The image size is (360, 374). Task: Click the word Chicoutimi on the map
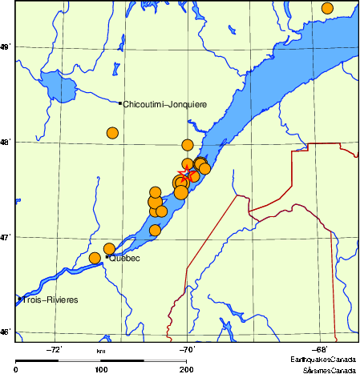coord(142,104)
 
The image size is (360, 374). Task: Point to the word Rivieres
coord(63,300)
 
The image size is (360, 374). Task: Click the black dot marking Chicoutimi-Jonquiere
coord(120,103)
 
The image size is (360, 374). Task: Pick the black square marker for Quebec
coord(107,257)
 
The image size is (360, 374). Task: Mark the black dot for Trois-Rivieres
coord(18,300)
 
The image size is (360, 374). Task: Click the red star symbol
coord(187,174)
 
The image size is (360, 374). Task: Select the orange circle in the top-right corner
coord(327,8)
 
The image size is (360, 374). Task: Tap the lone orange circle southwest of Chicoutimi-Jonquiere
coord(112,133)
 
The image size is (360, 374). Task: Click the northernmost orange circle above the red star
coord(188,145)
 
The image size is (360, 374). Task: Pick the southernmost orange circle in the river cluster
coord(156,230)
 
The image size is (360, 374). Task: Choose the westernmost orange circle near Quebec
coord(95,258)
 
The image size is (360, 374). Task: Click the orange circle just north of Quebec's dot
coord(109,249)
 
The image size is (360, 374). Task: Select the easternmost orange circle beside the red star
coord(205,168)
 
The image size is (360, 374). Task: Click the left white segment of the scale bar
coord(79,360)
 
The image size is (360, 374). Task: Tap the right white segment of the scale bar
coord(164,360)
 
